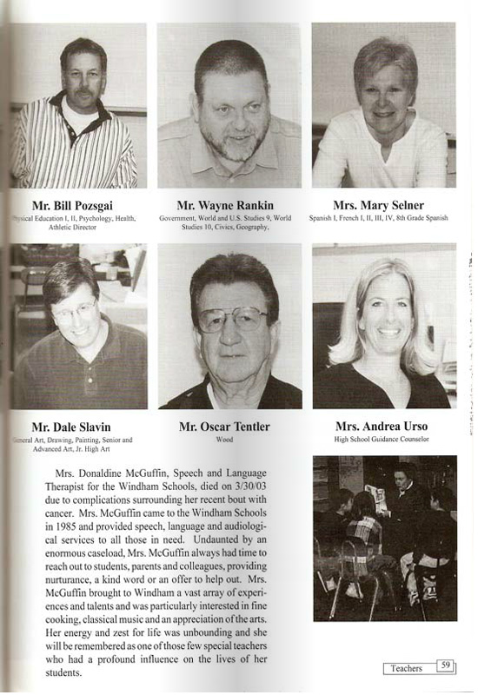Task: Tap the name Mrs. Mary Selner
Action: point(382,206)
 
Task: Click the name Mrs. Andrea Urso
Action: point(382,427)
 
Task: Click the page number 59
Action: point(445,666)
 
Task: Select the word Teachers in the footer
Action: point(407,668)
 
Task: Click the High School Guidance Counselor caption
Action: point(382,440)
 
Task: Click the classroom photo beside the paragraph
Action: point(384,538)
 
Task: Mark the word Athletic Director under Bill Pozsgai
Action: point(77,228)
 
